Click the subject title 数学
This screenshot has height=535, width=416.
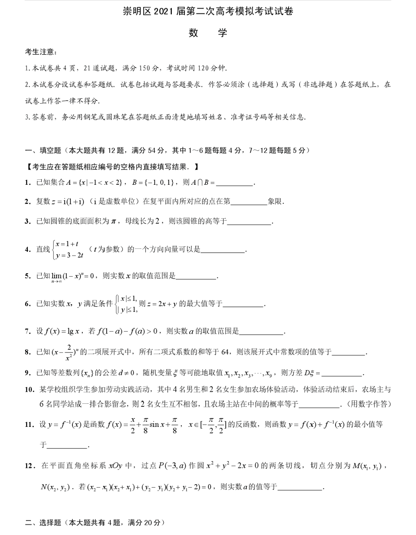coord(208,33)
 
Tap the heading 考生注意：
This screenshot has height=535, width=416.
coord(41,52)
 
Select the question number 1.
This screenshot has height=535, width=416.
coord(28,182)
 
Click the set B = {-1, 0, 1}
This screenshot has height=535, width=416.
coord(153,182)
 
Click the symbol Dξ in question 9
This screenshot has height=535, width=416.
coord(310,373)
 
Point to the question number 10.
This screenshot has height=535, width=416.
coord(30,390)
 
